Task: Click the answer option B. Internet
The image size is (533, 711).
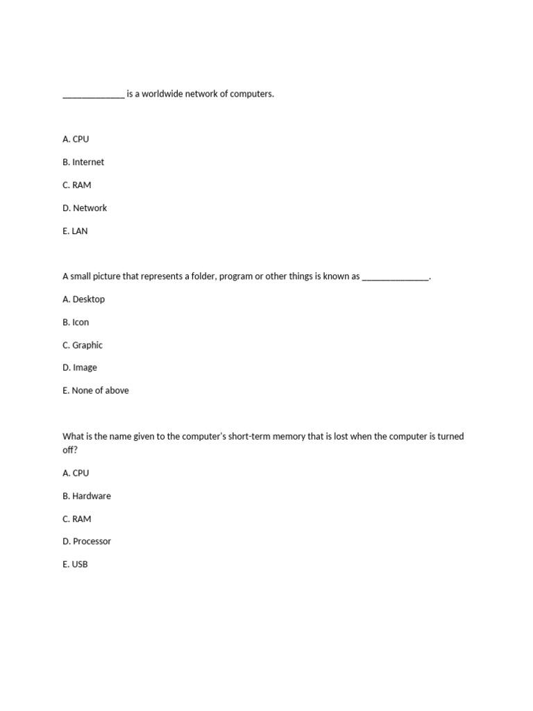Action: (x=83, y=162)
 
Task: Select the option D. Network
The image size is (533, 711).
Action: (x=85, y=208)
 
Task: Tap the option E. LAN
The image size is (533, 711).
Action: (x=75, y=231)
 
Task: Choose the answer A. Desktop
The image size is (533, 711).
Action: (x=83, y=299)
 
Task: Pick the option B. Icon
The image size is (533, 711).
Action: (x=76, y=322)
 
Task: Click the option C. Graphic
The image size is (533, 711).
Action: (x=83, y=345)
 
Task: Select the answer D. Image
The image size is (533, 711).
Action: (x=80, y=368)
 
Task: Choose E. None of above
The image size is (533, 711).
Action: (x=96, y=391)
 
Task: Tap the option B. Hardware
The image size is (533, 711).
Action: (x=87, y=496)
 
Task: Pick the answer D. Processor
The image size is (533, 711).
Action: (x=87, y=542)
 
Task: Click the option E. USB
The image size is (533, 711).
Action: (x=75, y=564)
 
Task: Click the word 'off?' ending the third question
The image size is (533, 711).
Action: (x=70, y=450)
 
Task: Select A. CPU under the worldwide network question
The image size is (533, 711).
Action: (x=76, y=140)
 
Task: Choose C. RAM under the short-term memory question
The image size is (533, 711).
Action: (x=76, y=519)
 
